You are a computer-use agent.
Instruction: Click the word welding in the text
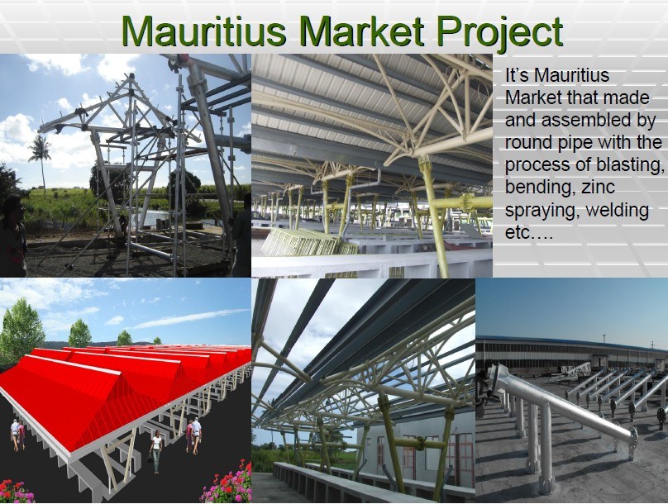pyautogui.click(x=617, y=210)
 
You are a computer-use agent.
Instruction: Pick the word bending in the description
pyautogui.click(x=533, y=188)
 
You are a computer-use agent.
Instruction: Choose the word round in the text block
pyautogui.click(x=527, y=142)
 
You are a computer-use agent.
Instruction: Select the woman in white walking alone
pyautogui.click(x=156, y=451)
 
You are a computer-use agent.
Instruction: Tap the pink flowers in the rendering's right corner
pyautogui.click(x=232, y=483)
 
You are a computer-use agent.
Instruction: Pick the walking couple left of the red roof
pyautogui.click(x=17, y=434)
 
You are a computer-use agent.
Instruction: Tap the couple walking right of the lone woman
pyautogui.click(x=193, y=435)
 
